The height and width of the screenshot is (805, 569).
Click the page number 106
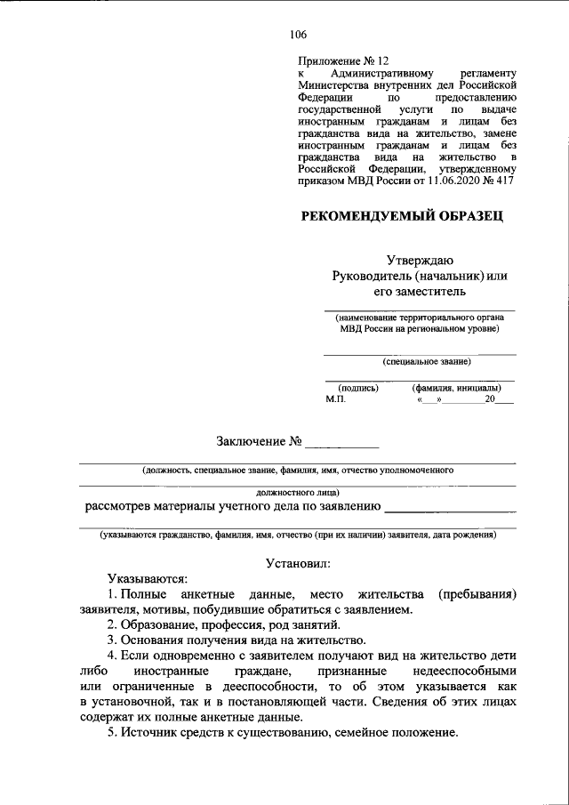pos(298,36)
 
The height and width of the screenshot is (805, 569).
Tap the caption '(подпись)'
pos(359,388)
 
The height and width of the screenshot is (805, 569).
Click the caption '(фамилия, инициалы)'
pos(456,388)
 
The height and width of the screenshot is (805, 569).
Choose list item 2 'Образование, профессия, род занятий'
pos(222,625)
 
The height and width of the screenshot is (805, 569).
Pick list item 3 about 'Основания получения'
pos(236,640)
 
